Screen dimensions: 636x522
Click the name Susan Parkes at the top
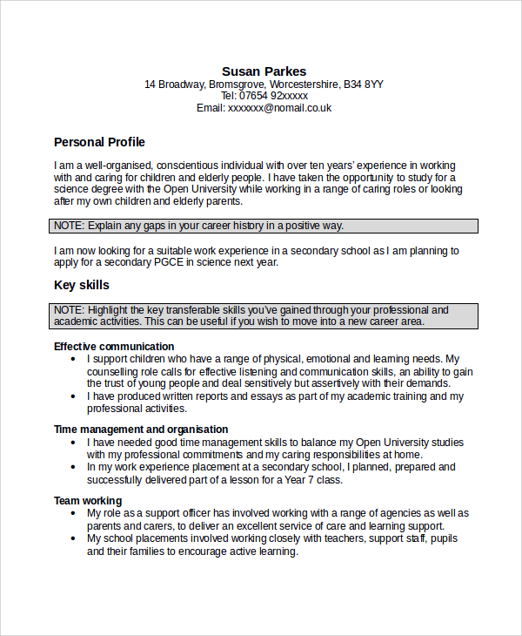tap(264, 71)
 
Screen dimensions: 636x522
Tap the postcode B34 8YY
tap(363, 85)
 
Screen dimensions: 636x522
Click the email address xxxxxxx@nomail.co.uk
tap(279, 108)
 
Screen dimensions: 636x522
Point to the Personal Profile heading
tap(99, 142)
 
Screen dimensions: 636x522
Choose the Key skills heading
tap(82, 285)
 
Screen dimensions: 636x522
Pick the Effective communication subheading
tap(114, 346)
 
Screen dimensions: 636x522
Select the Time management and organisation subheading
tap(141, 429)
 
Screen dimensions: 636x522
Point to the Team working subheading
tap(88, 501)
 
